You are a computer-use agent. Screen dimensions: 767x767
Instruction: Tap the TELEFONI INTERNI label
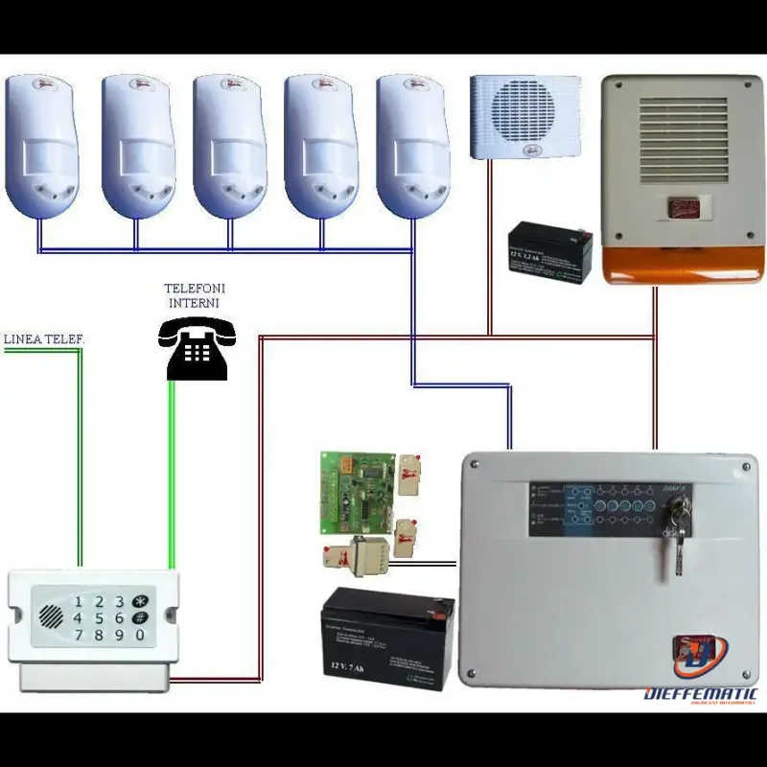[195, 295]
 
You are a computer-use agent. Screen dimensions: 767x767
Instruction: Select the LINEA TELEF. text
[44, 339]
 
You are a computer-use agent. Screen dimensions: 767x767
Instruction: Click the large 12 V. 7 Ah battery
[387, 638]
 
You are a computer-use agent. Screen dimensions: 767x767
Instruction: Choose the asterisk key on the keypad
[140, 601]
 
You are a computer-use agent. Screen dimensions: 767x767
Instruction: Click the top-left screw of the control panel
[475, 466]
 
